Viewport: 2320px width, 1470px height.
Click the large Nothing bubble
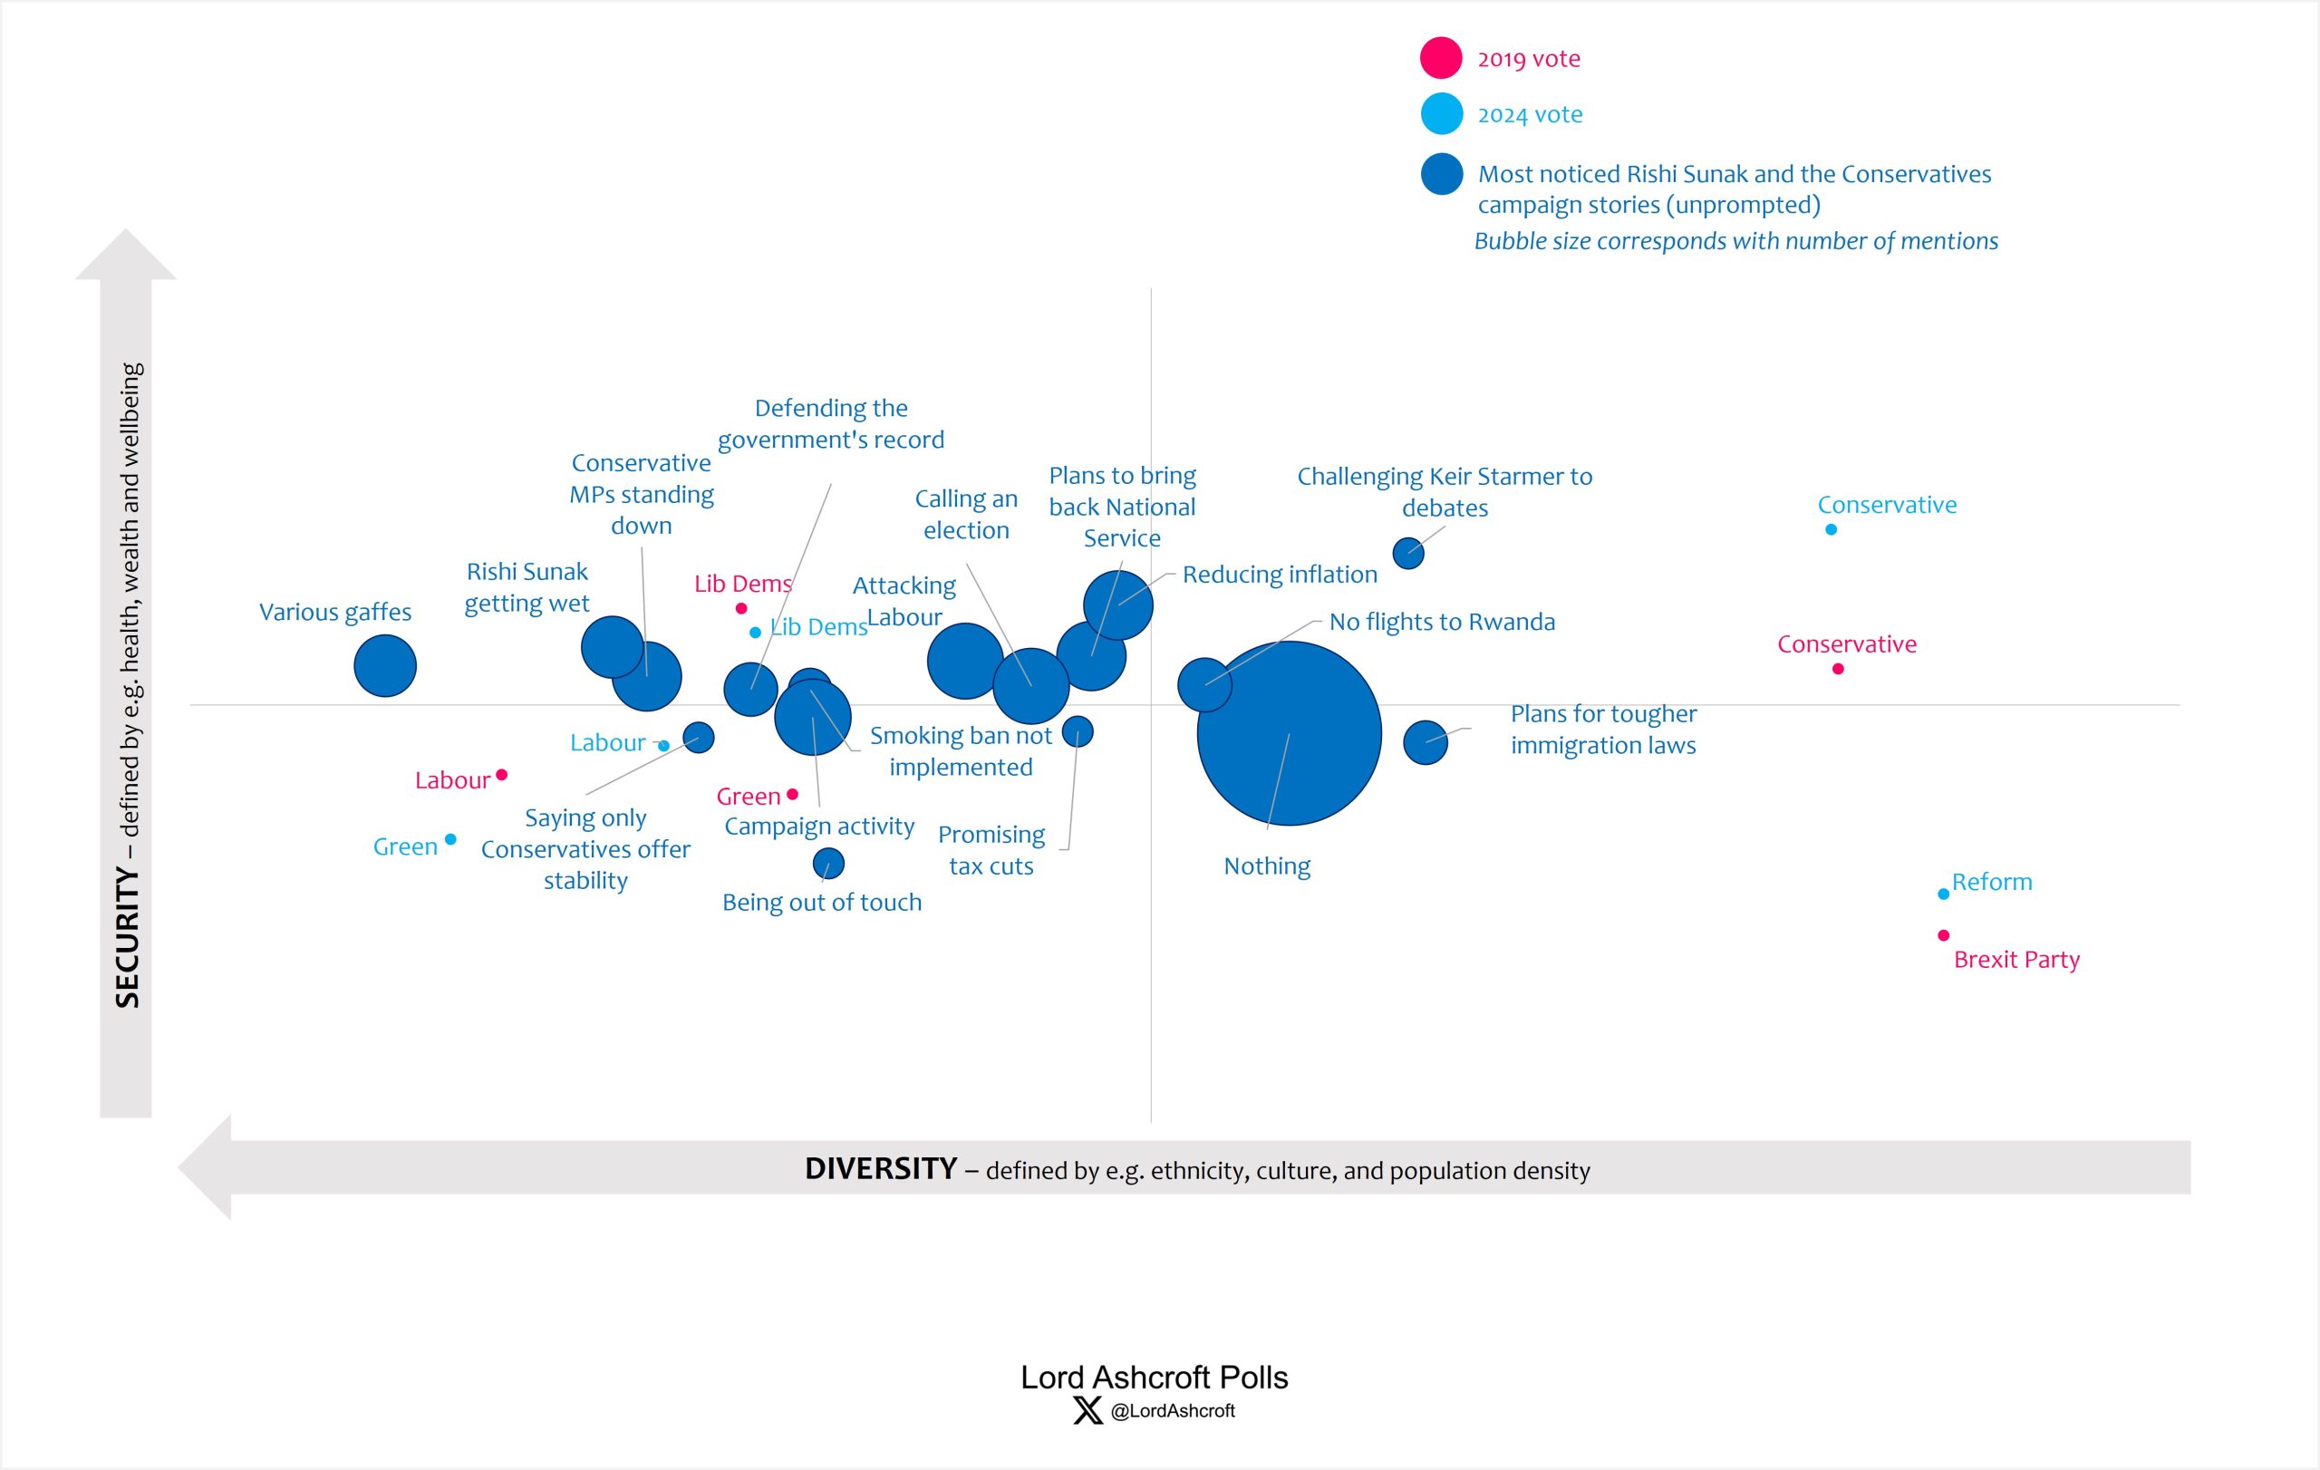tap(1288, 733)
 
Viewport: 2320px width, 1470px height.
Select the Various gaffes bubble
tap(384, 665)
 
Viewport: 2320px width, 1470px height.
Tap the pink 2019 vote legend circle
tap(1440, 58)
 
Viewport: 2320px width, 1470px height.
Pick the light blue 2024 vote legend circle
tap(1441, 113)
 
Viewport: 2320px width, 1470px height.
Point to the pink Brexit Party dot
tap(1943, 935)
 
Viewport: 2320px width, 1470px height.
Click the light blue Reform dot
tap(1943, 894)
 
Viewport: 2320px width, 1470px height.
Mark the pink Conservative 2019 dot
tap(1838, 669)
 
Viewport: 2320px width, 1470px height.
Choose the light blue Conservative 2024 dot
tap(1831, 530)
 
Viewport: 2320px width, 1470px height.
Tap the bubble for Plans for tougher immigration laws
tap(1425, 743)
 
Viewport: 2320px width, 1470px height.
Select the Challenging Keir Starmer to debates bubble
tap(1407, 554)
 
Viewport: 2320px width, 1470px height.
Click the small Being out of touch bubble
tap(827, 863)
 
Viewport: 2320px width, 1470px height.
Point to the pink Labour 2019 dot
tap(501, 775)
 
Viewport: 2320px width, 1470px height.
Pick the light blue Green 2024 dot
tap(449, 839)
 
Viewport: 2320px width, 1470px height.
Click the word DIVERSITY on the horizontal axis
tap(880, 1168)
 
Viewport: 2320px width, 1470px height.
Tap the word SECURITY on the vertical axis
tap(127, 936)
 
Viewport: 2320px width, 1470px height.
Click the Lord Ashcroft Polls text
tap(1154, 1378)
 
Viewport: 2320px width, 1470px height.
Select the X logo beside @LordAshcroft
tap(1087, 1411)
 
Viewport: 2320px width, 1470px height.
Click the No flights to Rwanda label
tap(1441, 623)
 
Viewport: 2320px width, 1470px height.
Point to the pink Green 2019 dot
tap(792, 795)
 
